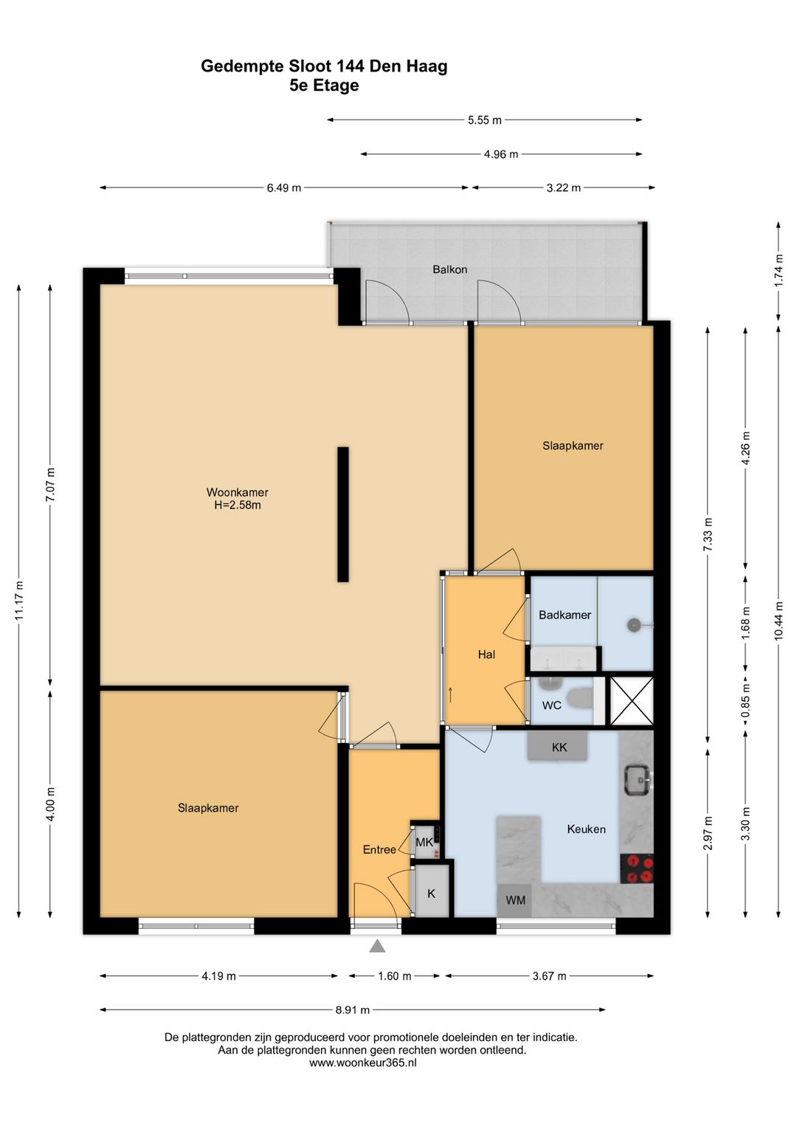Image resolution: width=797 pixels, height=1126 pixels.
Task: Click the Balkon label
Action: pyautogui.click(x=449, y=269)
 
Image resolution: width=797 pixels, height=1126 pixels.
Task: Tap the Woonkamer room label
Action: pyautogui.click(x=238, y=492)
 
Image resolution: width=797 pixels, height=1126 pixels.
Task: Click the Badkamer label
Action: pyautogui.click(x=565, y=615)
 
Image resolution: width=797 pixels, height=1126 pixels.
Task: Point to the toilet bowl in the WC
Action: pyautogui.click(x=580, y=697)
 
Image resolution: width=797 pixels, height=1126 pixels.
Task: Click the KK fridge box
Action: pyautogui.click(x=557, y=747)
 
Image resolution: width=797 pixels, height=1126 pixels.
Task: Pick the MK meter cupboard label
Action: pyautogui.click(x=424, y=842)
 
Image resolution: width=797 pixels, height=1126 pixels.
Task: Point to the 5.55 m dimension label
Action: pyautogui.click(x=485, y=120)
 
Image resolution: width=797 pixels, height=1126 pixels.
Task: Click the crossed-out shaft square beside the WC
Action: pyautogui.click(x=632, y=701)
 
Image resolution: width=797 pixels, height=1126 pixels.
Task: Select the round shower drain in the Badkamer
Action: pyautogui.click(x=633, y=625)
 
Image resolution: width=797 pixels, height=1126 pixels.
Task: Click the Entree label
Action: pyautogui.click(x=379, y=849)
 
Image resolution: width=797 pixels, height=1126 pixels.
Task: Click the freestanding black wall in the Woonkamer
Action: pyautogui.click(x=343, y=514)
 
